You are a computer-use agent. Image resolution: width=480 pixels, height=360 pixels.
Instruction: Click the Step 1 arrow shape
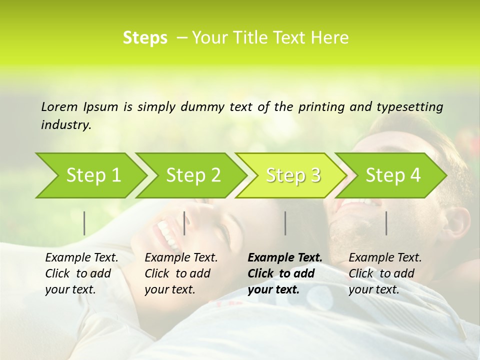tap(90, 175)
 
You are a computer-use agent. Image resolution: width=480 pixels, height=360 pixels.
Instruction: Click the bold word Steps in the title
tap(145, 38)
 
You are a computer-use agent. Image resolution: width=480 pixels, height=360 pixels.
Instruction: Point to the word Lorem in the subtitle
tap(59, 106)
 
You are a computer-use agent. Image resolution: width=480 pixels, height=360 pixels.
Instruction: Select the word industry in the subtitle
tap(65, 125)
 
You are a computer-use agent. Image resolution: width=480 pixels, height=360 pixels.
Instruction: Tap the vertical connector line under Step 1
tap(84, 223)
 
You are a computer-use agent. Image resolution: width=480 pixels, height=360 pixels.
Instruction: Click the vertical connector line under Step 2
tap(184, 223)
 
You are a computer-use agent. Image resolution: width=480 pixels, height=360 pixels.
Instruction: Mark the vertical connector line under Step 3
tap(285, 223)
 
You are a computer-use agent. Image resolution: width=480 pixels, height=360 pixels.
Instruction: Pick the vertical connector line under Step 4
tap(386, 223)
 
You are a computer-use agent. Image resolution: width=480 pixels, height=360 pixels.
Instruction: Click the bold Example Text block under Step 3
tap(284, 273)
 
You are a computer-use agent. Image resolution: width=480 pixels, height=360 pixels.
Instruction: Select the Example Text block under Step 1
tap(81, 273)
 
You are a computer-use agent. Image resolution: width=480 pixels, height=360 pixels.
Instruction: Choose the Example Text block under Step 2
tap(181, 273)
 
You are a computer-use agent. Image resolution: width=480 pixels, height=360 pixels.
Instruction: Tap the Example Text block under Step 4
tap(385, 273)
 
